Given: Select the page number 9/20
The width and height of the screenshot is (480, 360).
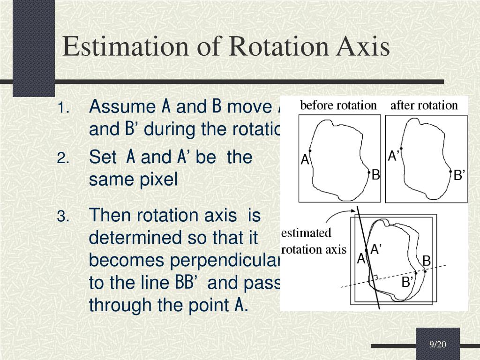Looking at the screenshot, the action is (438, 345).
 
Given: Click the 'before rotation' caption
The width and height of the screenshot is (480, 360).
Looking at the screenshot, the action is (338, 105).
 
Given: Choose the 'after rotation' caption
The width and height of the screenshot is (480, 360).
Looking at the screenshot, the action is (424, 105).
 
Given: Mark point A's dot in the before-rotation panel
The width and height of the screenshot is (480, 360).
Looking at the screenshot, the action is (310, 151).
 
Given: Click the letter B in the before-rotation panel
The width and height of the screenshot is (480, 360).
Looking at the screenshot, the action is (375, 175).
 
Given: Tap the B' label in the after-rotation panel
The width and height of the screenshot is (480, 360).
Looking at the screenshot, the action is (459, 176).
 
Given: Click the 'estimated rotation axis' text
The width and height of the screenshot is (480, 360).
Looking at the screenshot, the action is (313, 241).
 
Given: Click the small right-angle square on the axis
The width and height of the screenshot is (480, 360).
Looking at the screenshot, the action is (373, 278).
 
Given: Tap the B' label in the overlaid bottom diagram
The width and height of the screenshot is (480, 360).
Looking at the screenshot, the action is (407, 282).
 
